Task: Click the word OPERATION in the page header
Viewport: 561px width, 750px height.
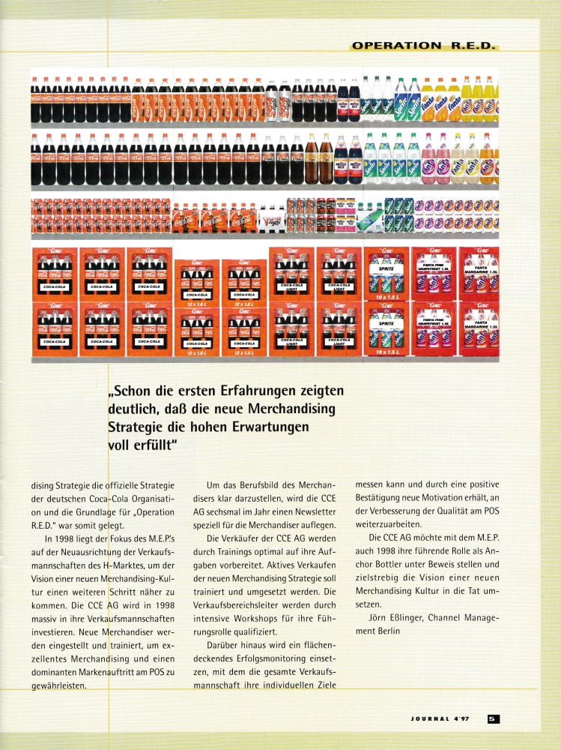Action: tap(396, 46)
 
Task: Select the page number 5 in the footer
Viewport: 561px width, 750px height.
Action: tap(493, 718)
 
